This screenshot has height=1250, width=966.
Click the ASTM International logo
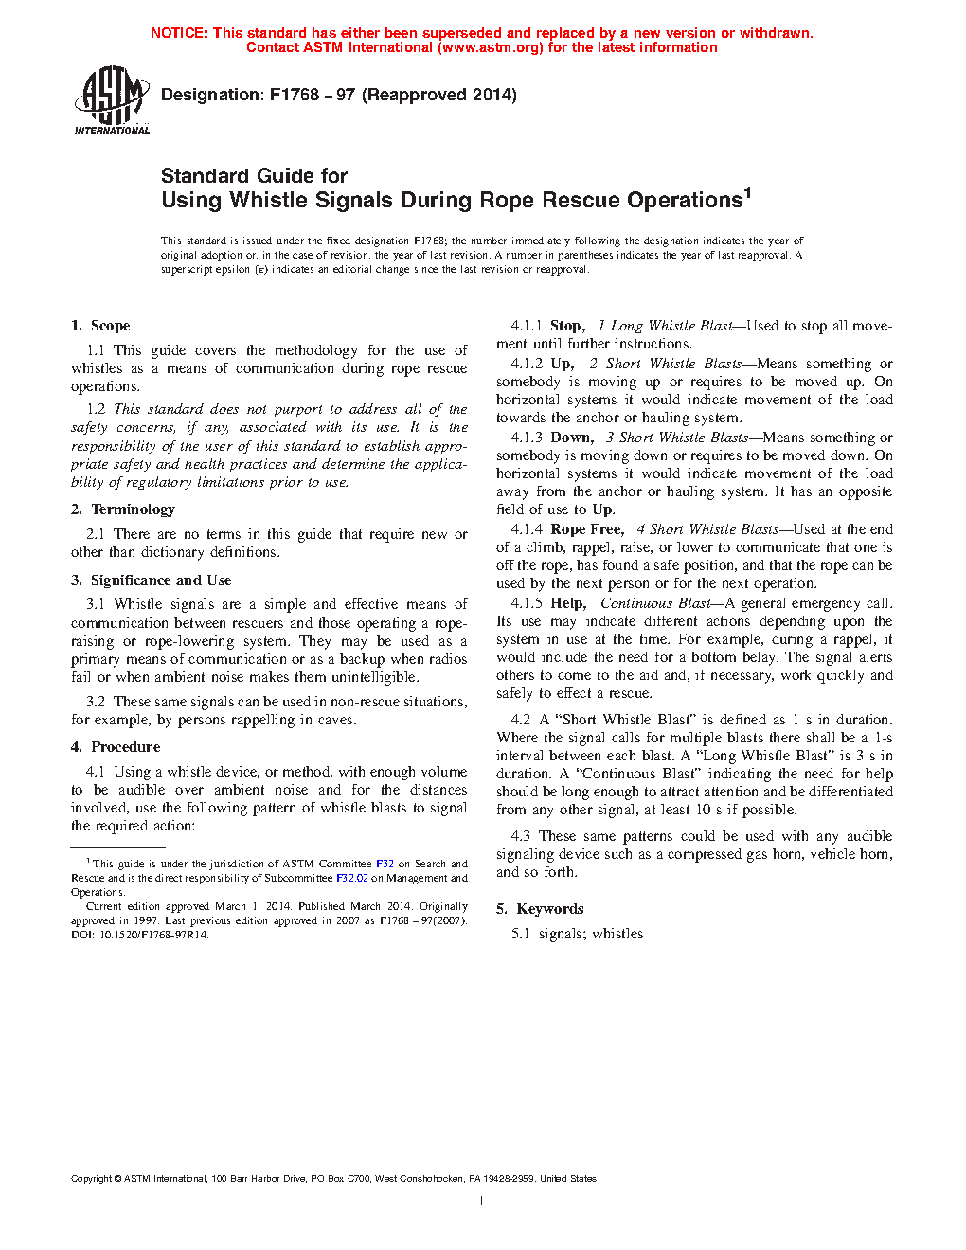click(112, 98)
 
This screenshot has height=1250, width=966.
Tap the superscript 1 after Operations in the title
click(747, 193)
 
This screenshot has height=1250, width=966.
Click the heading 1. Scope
click(100, 326)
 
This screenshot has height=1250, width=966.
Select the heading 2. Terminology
click(123, 509)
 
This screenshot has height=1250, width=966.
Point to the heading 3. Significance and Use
click(152, 580)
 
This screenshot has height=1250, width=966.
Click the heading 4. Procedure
click(116, 747)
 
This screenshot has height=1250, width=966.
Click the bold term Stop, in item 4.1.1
click(568, 326)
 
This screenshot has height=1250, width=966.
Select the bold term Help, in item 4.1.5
click(568, 603)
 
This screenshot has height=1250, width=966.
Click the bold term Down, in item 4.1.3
click(572, 437)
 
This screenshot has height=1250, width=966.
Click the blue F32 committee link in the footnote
click(385, 864)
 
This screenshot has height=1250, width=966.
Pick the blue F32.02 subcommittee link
click(352, 878)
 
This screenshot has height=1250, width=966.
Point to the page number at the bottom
click(482, 1202)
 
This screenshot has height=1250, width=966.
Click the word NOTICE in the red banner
click(179, 33)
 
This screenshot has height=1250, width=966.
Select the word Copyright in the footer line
click(91, 1179)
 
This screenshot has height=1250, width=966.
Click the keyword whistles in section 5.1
click(617, 934)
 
